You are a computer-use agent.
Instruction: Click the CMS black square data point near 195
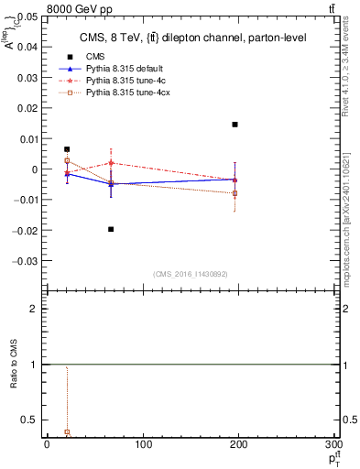point(235,125)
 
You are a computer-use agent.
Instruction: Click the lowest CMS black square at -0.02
point(111,229)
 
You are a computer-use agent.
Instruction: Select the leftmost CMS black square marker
point(67,148)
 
